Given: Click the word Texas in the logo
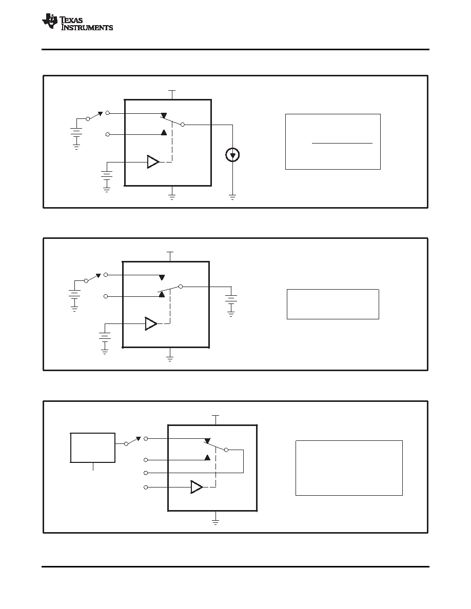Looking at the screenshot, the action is (71, 20).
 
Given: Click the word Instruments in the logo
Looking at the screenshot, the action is (87, 28).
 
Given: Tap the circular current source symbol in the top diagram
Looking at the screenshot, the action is (232, 155).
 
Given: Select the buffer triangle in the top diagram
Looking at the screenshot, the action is (153, 162).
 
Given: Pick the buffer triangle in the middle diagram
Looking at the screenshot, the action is (151, 323).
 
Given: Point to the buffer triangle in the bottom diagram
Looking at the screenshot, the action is (197, 487).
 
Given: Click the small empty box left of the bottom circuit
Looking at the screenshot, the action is (92, 448).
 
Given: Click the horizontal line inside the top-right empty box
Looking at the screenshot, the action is (342, 144).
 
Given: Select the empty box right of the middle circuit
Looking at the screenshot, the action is (332, 304).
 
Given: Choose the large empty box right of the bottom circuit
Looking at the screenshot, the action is (349, 468).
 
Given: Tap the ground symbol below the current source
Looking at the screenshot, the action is (232, 197).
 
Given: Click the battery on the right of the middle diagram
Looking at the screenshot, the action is (231, 300).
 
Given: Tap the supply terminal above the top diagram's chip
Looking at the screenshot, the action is (172, 94).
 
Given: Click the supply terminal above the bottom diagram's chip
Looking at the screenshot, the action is (215, 420).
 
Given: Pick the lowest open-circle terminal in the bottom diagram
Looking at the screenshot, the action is (146, 487).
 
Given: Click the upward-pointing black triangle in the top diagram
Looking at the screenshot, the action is (164, 132).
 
